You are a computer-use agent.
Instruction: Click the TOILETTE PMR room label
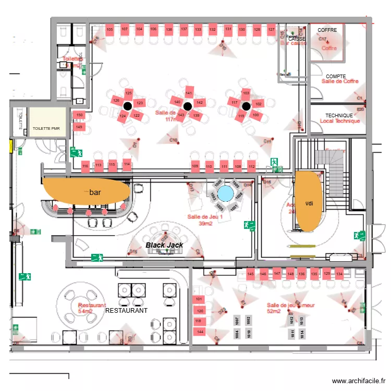pos(47,128)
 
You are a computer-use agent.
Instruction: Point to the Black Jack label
pos(164,245)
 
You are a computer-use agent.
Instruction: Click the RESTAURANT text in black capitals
pos(126,310)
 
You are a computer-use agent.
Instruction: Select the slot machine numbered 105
pos(109,30)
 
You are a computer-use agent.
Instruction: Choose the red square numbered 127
pos(271,30)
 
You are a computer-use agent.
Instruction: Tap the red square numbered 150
pos(79,115)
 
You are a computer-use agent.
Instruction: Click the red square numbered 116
pos(85,166)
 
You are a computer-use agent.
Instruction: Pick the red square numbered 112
pos(251,167)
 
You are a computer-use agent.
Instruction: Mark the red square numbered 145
pos(251,274)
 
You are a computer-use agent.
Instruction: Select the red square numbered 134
pos(339,274)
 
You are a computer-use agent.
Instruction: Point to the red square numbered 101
pos(199,299)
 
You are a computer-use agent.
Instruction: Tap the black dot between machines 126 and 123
pos(127,106)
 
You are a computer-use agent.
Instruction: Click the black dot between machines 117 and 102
pos(246,106)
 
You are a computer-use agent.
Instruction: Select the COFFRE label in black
pos(327,30)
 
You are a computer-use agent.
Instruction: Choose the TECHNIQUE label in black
pos(339,115)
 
